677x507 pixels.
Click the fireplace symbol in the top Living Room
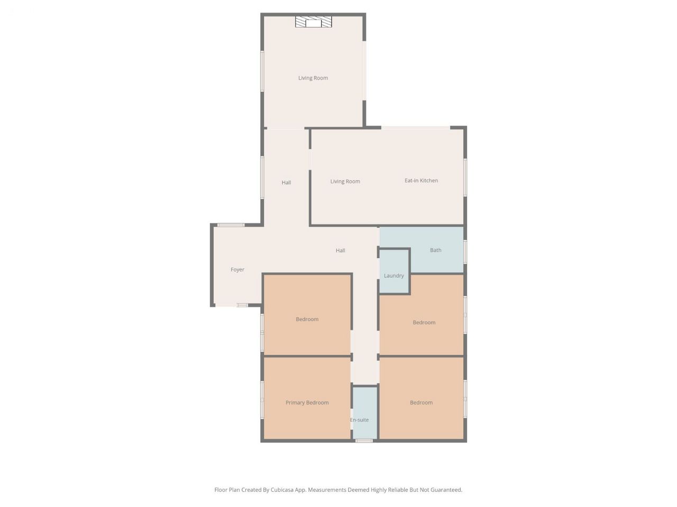tap(313, 22)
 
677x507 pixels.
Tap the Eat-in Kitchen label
tap(421, 181)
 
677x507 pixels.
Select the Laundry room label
tap(394, 276)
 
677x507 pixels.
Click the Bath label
tap(435, 250)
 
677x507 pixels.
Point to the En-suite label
tap(359, 420)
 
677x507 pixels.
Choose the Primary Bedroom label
tap(307, 402)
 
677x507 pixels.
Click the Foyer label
tap(237, 270)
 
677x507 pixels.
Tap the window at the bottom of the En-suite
tap(364, 441)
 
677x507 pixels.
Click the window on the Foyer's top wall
tap(231, 225)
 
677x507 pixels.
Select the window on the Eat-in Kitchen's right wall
tap(465, 177)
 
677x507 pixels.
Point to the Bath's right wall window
tap(465, 252)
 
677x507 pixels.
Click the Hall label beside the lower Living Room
tap(286, 183)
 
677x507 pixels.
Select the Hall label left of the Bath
tap(340, 250)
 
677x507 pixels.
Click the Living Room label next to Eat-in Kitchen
tap(345, 182)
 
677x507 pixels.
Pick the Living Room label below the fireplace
tap(313, 78)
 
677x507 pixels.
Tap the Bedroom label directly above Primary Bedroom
tap(307, 319)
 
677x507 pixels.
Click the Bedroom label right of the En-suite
tap(421, 402)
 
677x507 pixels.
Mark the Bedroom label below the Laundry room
tap(424, 323)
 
